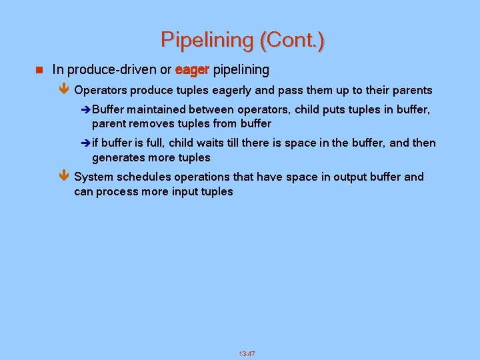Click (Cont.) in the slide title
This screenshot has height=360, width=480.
pyautogui.click(x=292, y=40)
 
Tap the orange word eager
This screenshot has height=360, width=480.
pyautogui.click(x=192, y=69)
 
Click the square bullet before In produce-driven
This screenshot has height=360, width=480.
pyautogui.click(x=39, y=69)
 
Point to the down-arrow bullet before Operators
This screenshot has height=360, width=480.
pyautogui.click(x=64, y=90)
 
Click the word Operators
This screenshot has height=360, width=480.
pyautogui.click(x=101, y=90)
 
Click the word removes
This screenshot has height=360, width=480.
pyautogui.click(x=149, y=123)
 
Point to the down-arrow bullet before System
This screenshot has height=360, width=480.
pyautogui.click(x=64, y=177)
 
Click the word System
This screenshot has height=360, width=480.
pyautogui.click(x=93, y=177)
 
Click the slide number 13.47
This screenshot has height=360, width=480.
pyautogui.click(x=247, y=353)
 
